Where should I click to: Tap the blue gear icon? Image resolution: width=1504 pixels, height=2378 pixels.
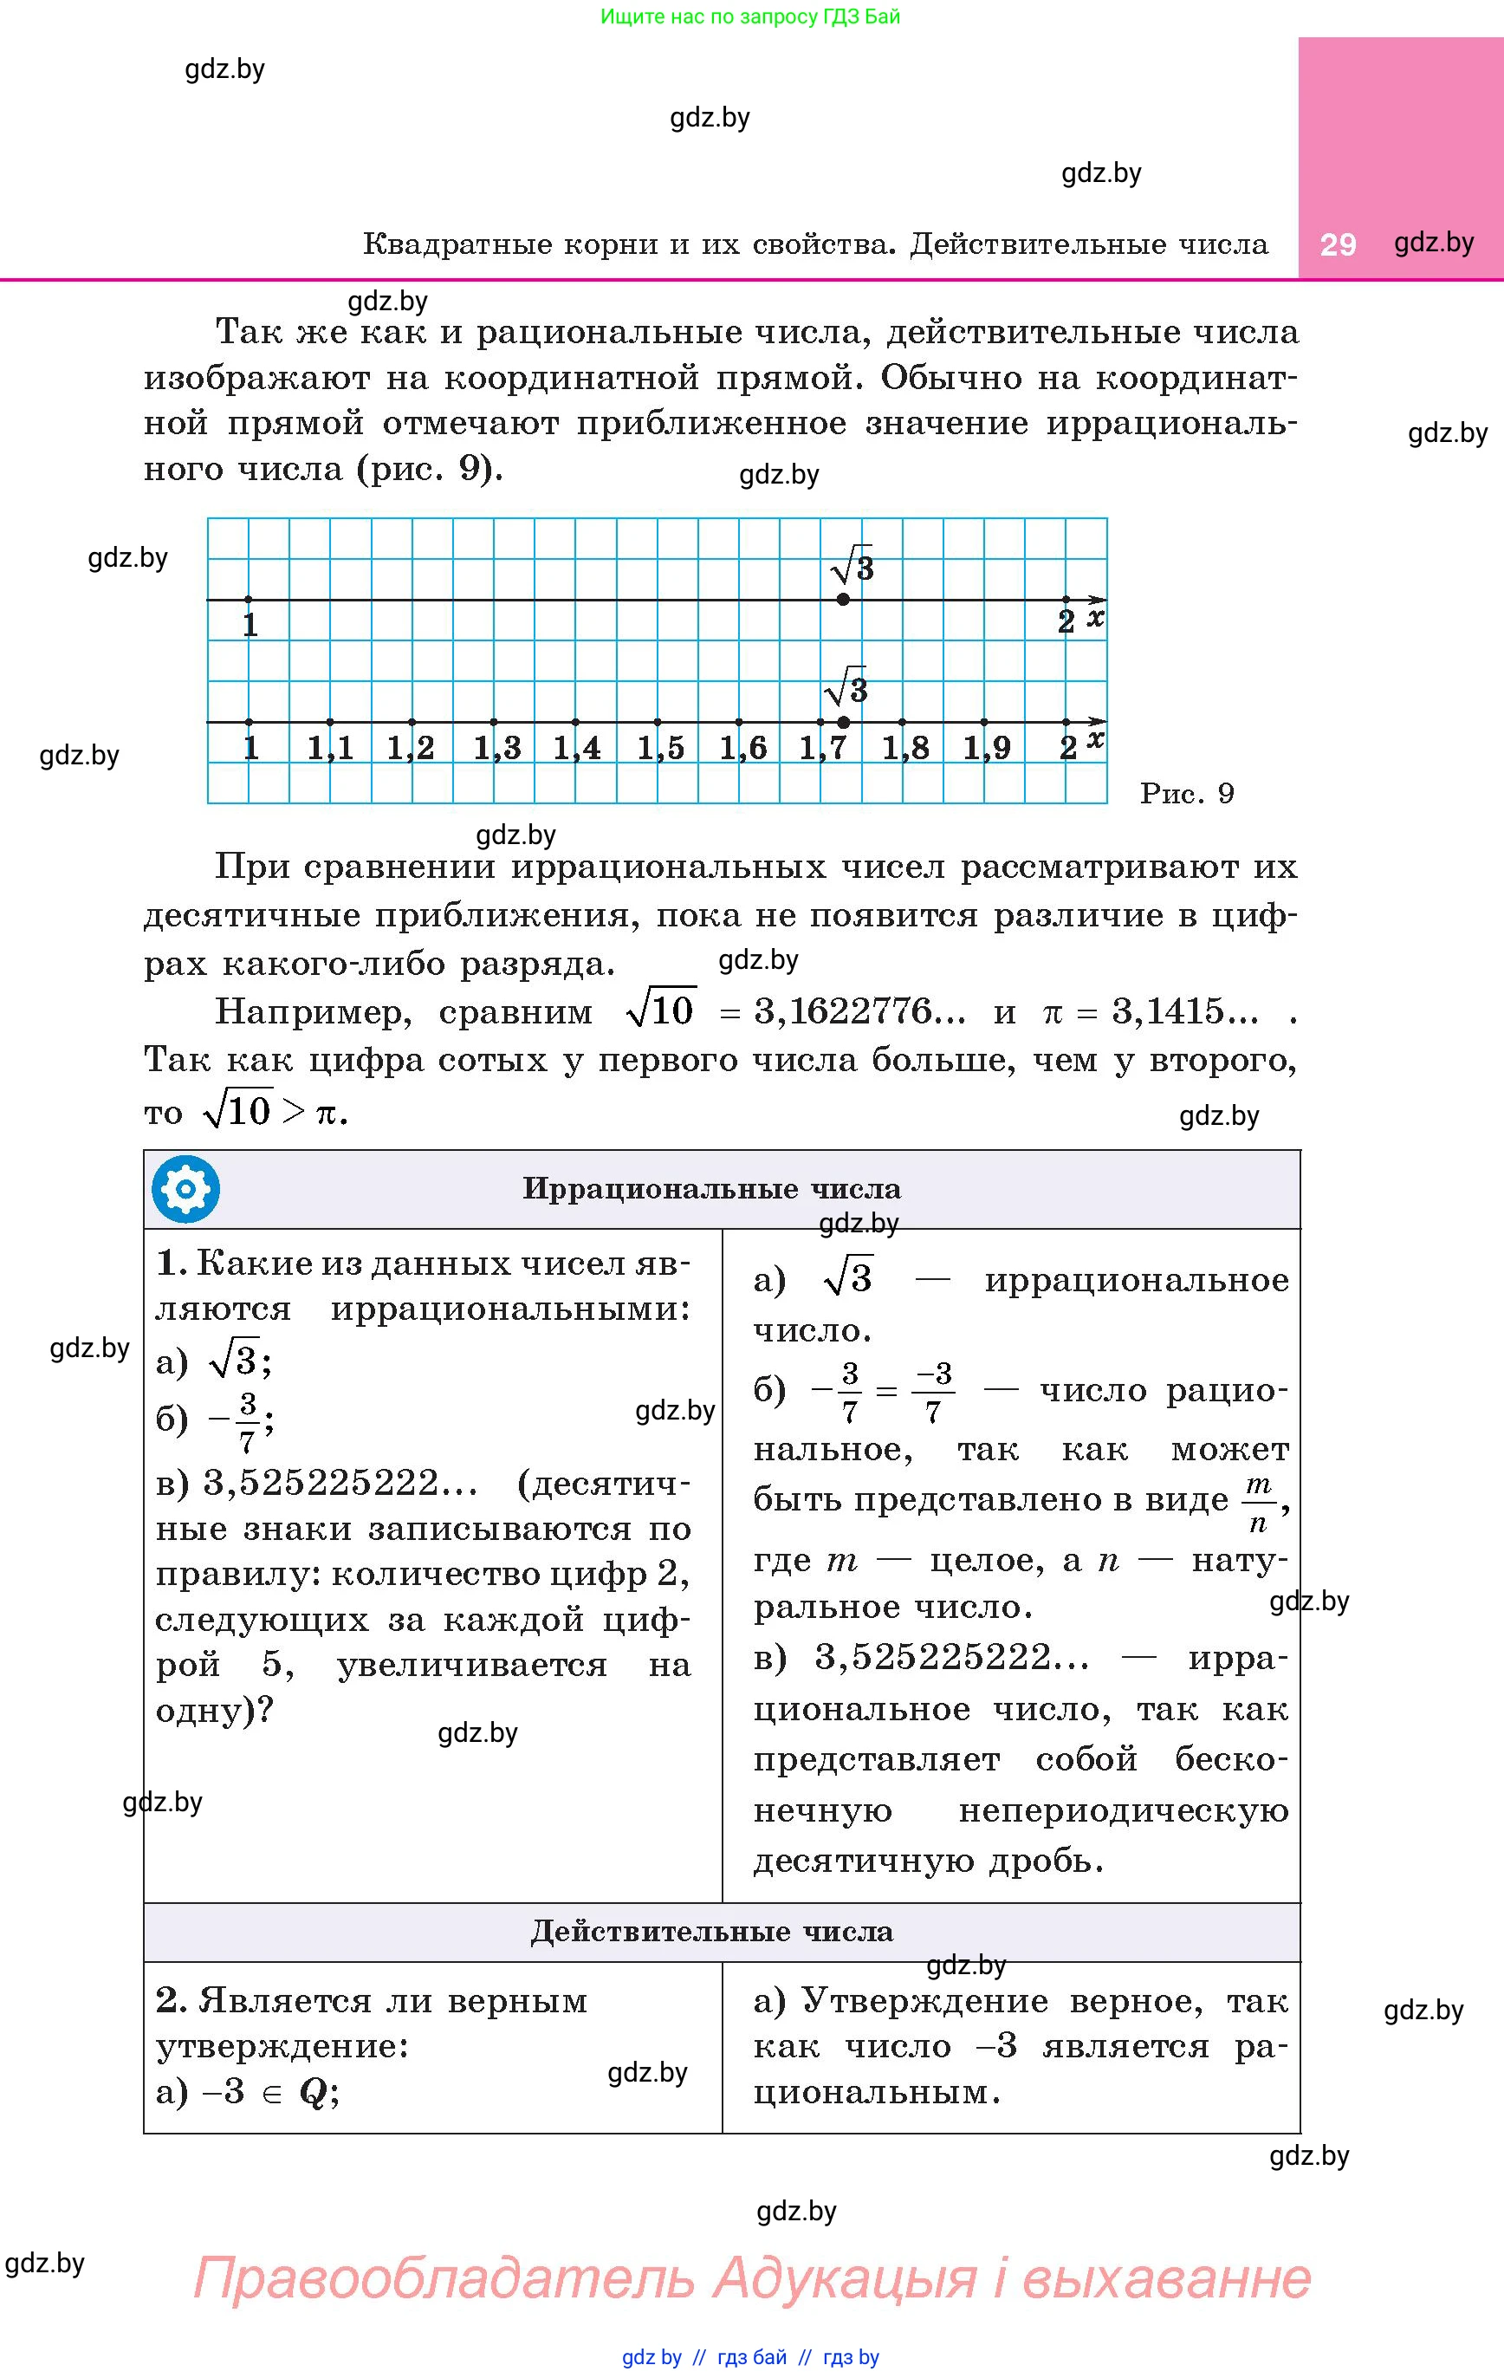[185, 1189]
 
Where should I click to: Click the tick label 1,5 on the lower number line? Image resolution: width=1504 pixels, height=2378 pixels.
[659, 749]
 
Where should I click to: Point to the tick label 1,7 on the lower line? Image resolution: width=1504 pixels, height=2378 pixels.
[822, 749]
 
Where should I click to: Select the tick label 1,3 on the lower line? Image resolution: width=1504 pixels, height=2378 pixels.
[496, 749]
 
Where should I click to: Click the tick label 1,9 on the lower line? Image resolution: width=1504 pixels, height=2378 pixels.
[987, 749]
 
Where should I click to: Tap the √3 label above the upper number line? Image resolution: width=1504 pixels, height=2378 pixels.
[852, 566]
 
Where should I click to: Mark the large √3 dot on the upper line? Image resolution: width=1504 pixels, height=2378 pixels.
[842, 600]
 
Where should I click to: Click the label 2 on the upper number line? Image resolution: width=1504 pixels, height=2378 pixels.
[1066, 622]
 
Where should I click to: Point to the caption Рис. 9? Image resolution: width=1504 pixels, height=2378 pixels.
[1186, 794]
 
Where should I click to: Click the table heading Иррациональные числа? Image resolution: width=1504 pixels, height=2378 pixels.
[711, 1189]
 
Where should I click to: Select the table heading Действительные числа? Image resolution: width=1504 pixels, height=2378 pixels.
[711, 1932]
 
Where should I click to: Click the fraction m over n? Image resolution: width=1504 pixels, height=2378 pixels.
[1258, 1503]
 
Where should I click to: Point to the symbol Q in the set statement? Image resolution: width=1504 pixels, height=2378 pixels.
[312, 2092]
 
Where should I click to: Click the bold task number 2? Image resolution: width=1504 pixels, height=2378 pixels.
[171, 2001]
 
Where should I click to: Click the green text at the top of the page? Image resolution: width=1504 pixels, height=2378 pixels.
[750, 16]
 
